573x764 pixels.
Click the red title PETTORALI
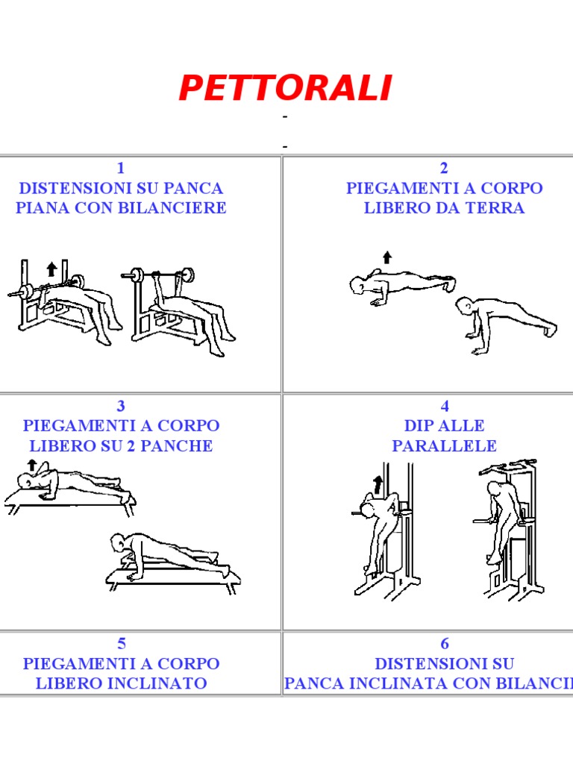(x=286, y=88)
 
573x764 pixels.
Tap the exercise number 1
(x=121, y=168)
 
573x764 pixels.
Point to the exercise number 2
(x=444, y=168)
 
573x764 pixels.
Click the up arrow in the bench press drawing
(x=51, y=269)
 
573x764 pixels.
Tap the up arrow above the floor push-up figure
(x=387, y=257)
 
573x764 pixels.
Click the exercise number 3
(x=121, y=406)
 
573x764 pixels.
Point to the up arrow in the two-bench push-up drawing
(x=32, y=465)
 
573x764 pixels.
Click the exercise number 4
(x=445, y=406)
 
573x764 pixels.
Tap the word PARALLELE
(x=445, y=446)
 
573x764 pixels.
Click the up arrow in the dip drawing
(x=378, y=485)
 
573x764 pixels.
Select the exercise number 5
(x=122, y=644)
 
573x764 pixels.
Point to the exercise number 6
(x=445, y=644)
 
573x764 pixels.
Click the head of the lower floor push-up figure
(x=463, y=307)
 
